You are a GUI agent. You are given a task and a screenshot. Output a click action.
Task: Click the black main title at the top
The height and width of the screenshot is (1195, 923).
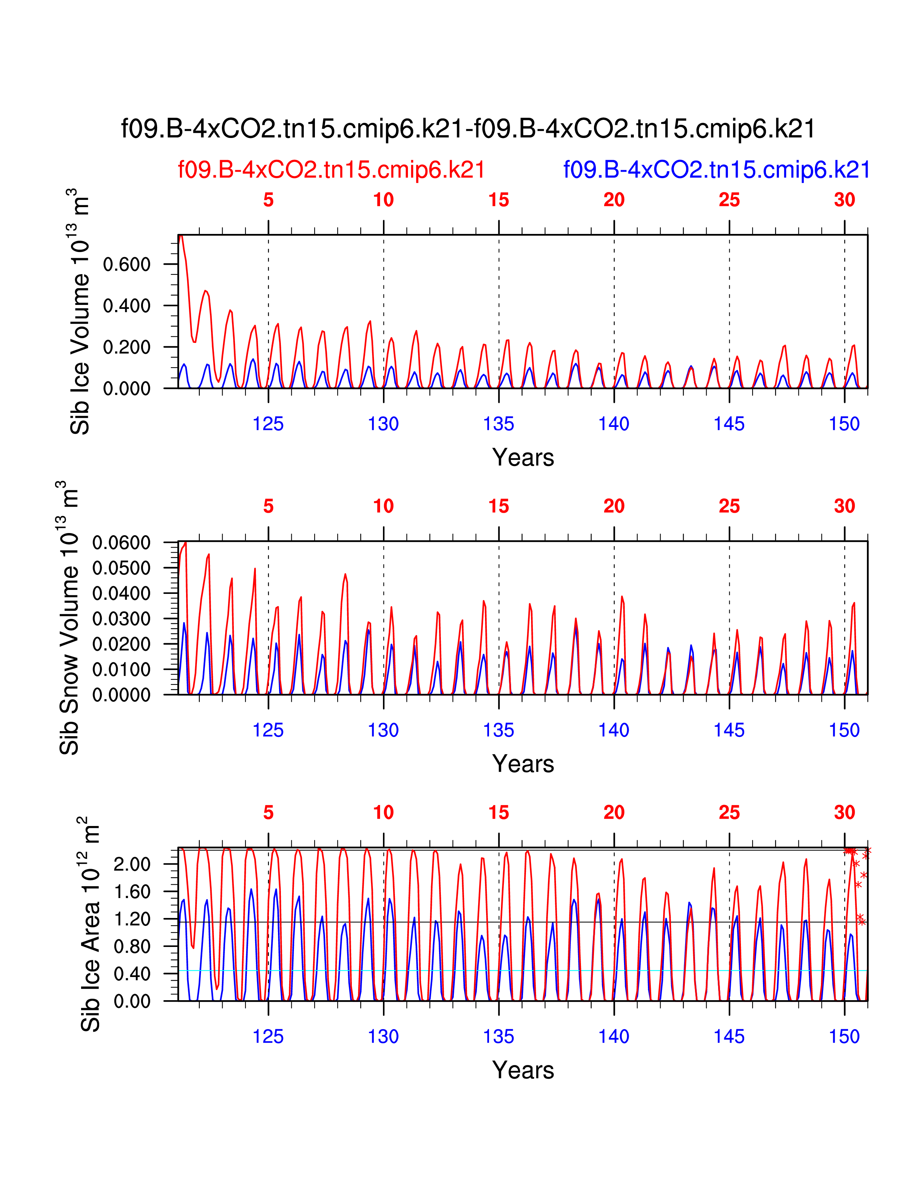click(x=468, y=129)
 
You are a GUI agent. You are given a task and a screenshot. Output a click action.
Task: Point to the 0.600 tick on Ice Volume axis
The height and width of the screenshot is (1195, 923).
click(x=126, y=264)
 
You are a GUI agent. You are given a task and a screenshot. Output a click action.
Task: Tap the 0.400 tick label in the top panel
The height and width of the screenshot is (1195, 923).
click(x=126, y=306)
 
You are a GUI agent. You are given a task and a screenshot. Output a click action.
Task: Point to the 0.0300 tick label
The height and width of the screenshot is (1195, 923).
click(x=121, y=619)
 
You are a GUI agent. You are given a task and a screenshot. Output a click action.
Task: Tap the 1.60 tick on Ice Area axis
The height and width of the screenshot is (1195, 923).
click(x=132, y=892)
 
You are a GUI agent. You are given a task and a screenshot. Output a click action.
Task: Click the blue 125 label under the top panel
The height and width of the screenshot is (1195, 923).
click(x=268, y=424)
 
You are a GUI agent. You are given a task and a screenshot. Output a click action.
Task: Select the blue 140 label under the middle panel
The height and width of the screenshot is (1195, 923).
click(x=614, y=730)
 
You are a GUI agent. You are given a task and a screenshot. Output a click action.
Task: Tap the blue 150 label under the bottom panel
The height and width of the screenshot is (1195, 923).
click(x=844, y=1037)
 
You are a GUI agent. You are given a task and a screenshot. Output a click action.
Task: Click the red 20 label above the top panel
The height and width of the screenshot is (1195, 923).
click(x=614, y=200)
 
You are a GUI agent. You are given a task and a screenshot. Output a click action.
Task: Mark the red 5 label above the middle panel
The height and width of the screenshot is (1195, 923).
click(x=268, y=507)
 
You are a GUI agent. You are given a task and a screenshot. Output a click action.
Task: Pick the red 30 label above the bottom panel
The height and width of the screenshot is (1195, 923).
click(x=844, y=813)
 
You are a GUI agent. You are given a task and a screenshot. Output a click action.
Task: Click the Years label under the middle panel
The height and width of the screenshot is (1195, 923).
click(x=523, y=764)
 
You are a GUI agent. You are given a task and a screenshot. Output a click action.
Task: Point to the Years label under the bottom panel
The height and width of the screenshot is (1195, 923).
click(x=523, y=1070)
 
